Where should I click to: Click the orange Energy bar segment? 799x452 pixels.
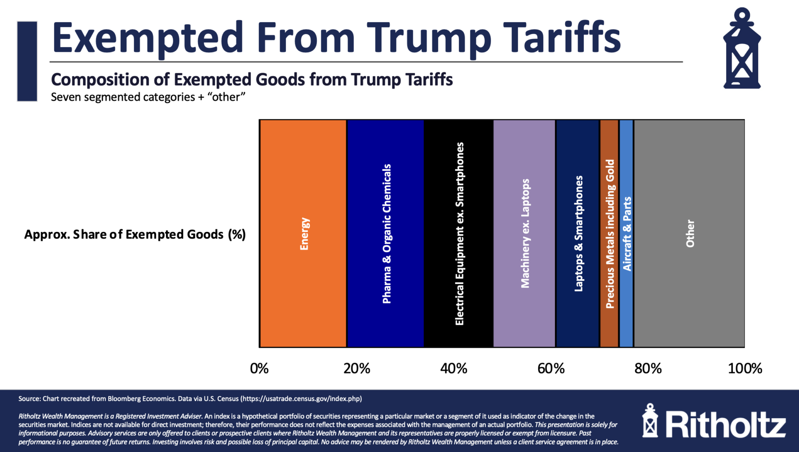303,234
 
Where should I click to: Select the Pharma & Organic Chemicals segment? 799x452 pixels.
385,234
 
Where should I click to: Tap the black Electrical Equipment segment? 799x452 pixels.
459,234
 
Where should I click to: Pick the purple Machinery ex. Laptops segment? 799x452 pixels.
524,234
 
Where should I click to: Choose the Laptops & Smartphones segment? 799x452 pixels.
577,234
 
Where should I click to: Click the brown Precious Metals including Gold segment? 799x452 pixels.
609,234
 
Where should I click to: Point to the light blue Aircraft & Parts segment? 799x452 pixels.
626,234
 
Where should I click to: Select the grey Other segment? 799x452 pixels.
689,234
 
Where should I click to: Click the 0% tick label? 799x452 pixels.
259,368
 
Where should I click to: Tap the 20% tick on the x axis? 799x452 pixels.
356,368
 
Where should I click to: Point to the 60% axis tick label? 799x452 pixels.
551,368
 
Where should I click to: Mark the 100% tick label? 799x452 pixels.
745,368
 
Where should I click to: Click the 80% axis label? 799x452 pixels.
648,368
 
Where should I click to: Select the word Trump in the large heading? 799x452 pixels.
429,38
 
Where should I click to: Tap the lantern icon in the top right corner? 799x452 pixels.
742,49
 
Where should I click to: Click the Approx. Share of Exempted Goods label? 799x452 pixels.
135,234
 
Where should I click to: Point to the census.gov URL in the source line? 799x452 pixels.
301,398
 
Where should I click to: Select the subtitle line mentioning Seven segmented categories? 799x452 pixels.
148,97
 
